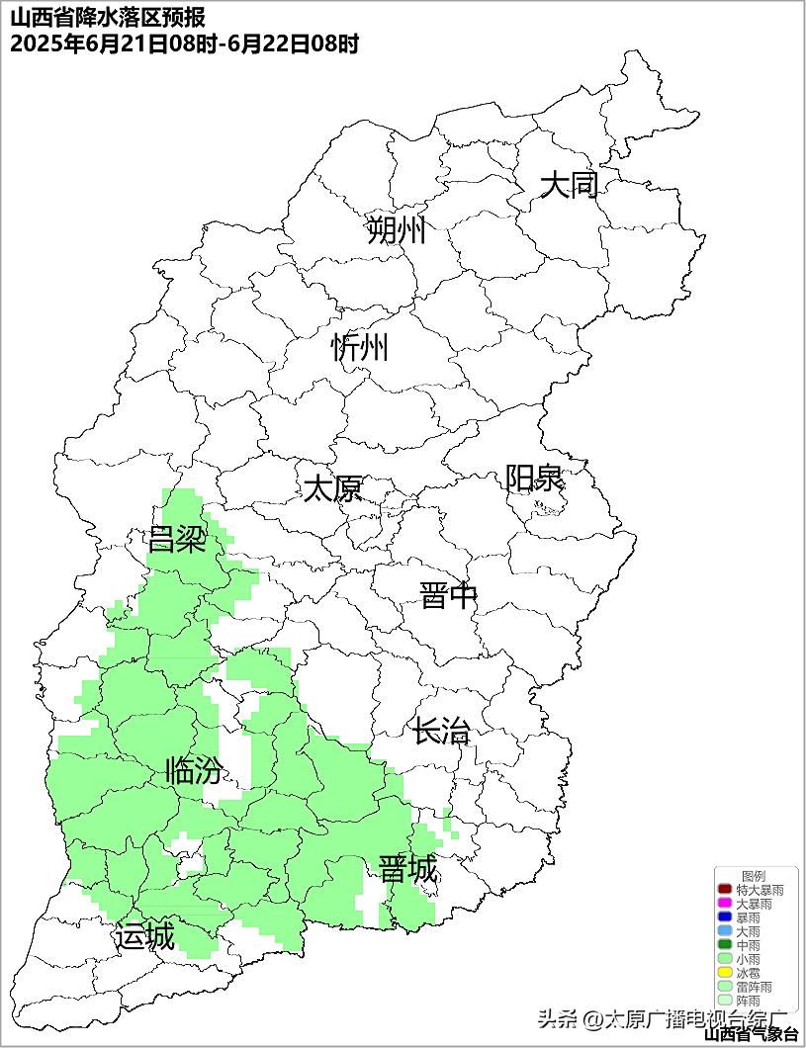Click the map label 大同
pyautogui.click(x=569, y=185)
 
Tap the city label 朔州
pyautogui.click(x=396, y=230)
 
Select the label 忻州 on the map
pyautogui.click(x=360, y=347)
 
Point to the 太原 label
pyautogui.click(x=332, y=488)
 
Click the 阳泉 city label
pyautogui.click(x=534, y=479)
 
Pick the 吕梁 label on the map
pyautogui.click(x=176, y=540)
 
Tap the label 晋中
pyautogui.click(x=448, y=596)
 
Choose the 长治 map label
pyautogui.click(x=441, y=733)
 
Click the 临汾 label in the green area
pyautogui.click(x=194, y=770)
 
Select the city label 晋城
pyautogui.click(x=407, y=870)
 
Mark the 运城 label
pyautogui.click(x=144, y=935)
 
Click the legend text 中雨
pyautogui.click(x=749, y=946)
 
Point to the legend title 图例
pyautogui.click(x=754, y=877)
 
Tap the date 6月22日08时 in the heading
pyautogui.click(x=294, y=44)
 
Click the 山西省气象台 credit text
pyautogui.click(x=752, y=1034)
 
